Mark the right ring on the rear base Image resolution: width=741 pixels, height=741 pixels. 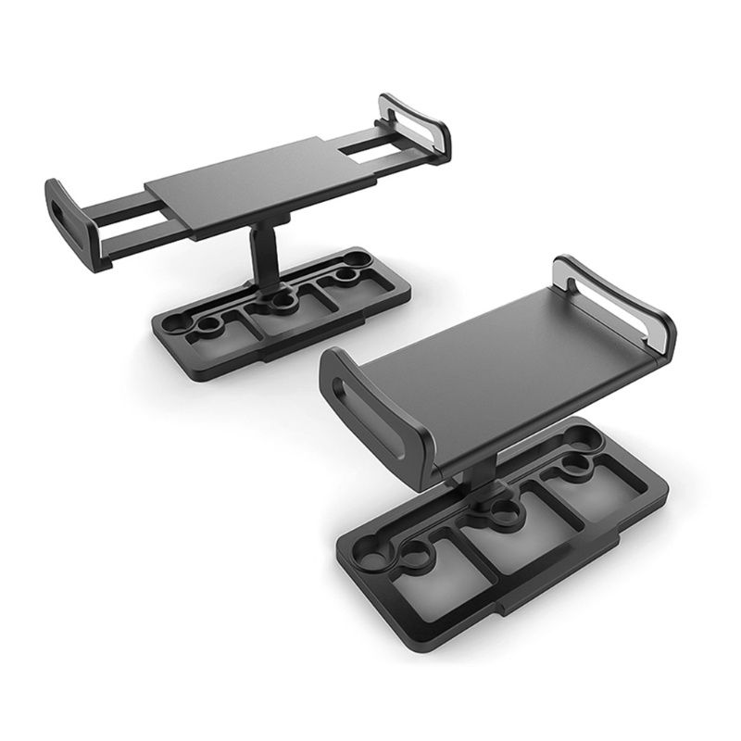click(x=348, y=275)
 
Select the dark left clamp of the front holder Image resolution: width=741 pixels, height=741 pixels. click(x=370, y=408)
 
